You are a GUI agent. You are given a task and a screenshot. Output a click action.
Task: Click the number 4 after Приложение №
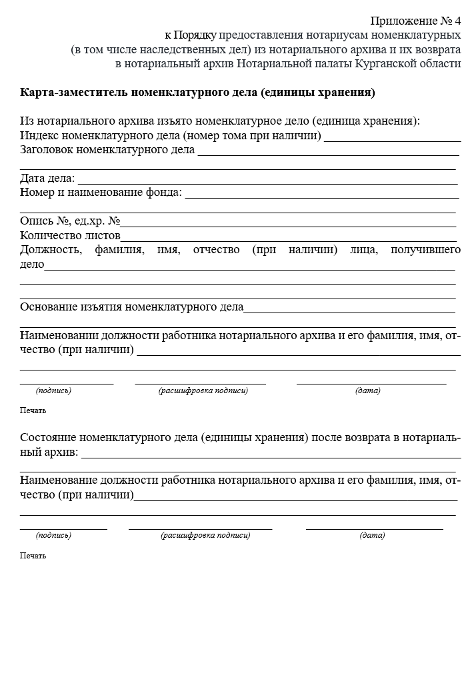click(x=457, y=20)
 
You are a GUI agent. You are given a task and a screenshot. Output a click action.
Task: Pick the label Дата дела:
click(x=47, y=179)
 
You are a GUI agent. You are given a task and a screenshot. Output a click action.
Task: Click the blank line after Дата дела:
click(x=267, y=183)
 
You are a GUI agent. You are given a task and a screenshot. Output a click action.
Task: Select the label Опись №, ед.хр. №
click(x=69, y=221)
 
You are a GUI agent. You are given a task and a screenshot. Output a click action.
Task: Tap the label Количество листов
click(x=70, y=236)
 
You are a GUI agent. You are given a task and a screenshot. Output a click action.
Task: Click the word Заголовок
click(x=47, y=150)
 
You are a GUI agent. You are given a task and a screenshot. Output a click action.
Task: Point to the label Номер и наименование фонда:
click(x=101, y=193)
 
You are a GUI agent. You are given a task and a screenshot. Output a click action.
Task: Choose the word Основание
click(x=49, y=308)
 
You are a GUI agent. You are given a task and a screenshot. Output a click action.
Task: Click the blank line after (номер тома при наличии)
click(x=392, y=140)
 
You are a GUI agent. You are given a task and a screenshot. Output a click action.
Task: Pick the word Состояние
click(x=48, y=438)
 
